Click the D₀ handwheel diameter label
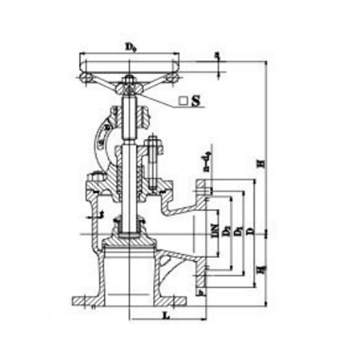130,46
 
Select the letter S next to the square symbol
195,101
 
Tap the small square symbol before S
183,102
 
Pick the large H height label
259,163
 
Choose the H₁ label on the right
259,270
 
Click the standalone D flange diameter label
249,230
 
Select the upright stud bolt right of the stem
152,157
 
